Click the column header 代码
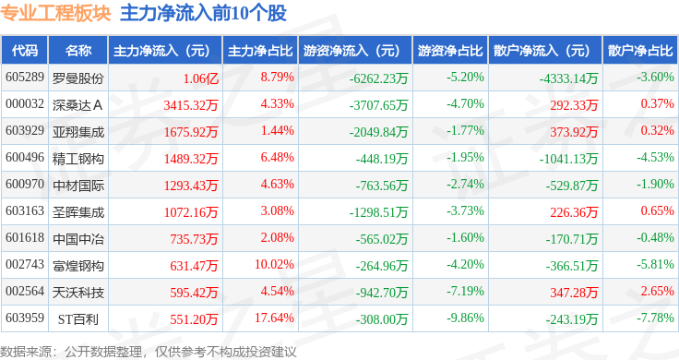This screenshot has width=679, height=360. point(25,51)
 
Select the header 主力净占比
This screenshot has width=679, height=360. point(260,51)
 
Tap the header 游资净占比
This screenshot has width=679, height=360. point(450,51)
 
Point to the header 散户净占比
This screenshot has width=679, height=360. point(640,51)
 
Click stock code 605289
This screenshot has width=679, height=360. point(25,78)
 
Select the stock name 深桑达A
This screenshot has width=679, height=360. point(77,105)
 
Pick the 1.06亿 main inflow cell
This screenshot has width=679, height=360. point(201,78)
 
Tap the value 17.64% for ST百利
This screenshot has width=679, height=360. point(274,318)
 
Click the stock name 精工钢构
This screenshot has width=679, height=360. point(77,159)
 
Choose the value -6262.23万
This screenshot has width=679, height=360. point(378,78)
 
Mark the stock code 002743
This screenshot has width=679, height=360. point(25,264)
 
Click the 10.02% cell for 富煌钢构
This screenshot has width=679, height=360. point(274,264)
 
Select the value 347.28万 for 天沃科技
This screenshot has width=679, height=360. point(574,293)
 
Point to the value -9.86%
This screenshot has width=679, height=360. point(465,318)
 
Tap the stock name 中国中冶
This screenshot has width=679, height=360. point(77,239)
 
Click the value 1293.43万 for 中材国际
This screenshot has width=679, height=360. point(191,186)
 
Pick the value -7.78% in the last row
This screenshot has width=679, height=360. point(655,318)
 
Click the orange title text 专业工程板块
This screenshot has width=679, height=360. point(55,14)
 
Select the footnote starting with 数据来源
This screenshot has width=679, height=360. point(149,352)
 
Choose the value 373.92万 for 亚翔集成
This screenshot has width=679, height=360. point(574,132)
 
